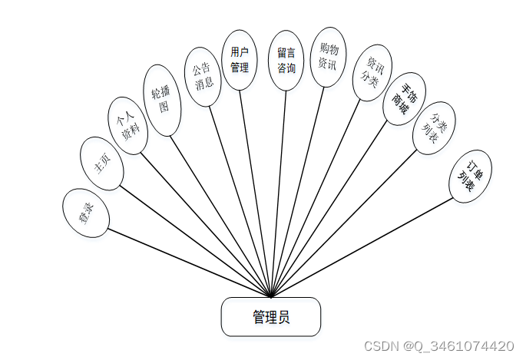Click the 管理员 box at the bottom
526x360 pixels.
tap(270, 317)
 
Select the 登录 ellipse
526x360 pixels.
tap(85, 213)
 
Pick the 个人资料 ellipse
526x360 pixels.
tap(127, 125)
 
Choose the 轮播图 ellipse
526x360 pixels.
tap(163, 100)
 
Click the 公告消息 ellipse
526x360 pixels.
tap(203, 77)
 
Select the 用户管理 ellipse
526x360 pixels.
tap(240, 60)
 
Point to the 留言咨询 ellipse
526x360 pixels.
tap(286, 61)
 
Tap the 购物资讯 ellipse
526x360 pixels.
tap(328, 57)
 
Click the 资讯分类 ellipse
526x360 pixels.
tap(372, 73)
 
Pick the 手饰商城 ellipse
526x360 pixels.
tap(404, 99)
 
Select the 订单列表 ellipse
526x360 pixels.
tap(470, 177)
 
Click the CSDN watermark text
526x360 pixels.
tap(438, 346)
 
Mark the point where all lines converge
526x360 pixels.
tap(271, 296)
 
